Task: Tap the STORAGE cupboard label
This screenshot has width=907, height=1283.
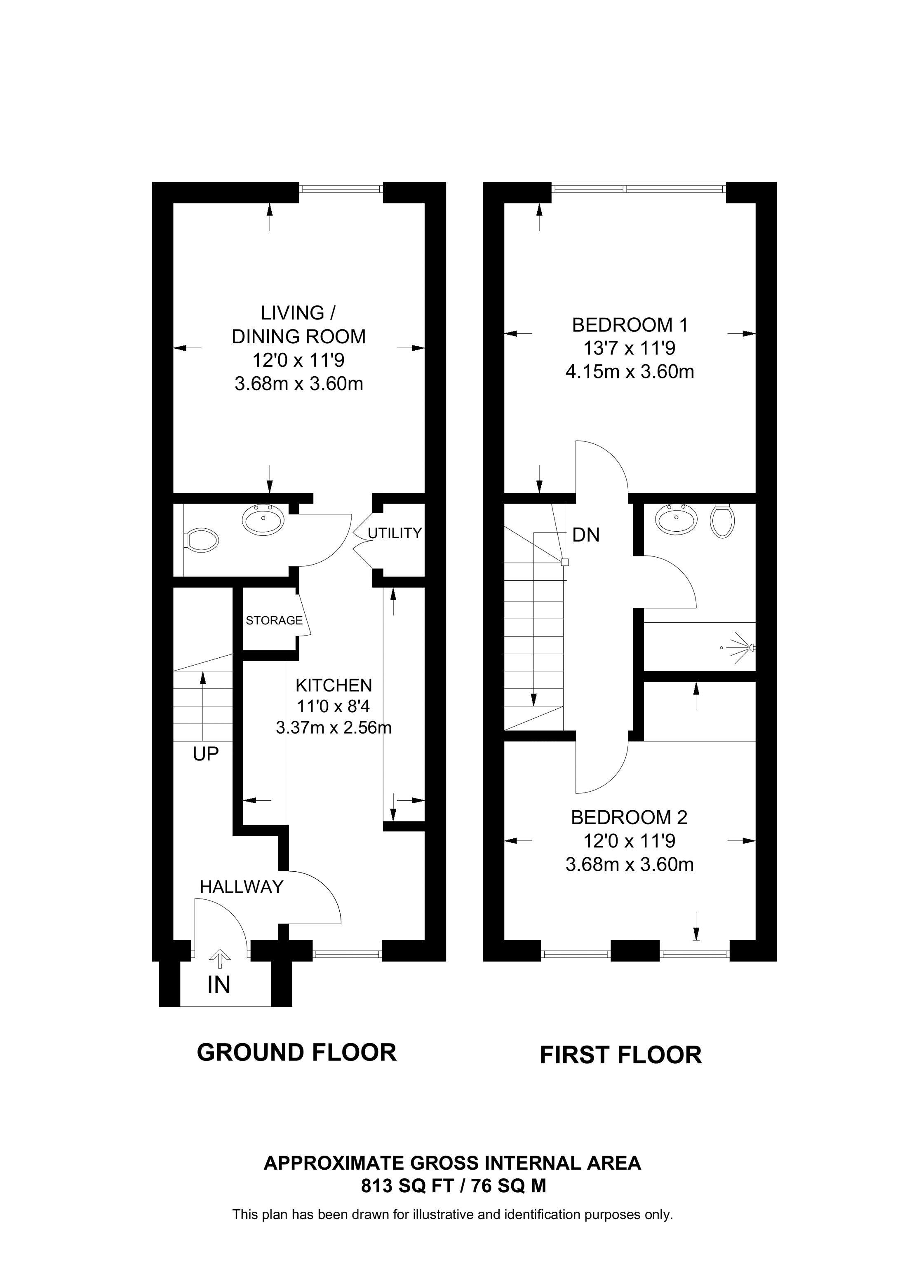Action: tap(274, 620)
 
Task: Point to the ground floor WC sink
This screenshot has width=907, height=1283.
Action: tap(263, 520)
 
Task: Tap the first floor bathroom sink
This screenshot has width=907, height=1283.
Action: tap(676, 519)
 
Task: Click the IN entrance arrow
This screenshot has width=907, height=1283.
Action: tap(219, 960)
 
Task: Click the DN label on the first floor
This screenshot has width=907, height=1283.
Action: tap(586, 535)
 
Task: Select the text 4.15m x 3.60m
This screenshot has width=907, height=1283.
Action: tap(630, 372)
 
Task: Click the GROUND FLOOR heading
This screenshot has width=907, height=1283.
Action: tap(297, 1053)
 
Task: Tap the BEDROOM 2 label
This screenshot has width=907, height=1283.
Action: tap(629, 818)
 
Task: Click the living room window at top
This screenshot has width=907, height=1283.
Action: tap(341, 189)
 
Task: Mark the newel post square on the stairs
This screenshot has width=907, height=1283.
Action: tap(564, 562)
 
